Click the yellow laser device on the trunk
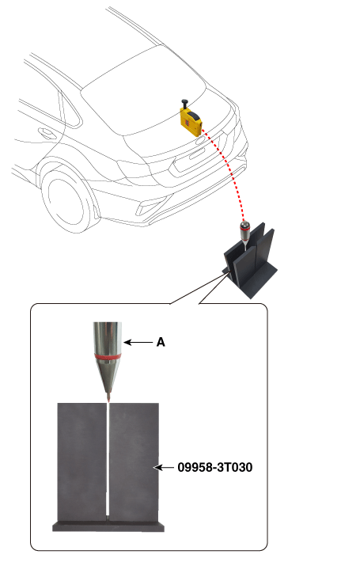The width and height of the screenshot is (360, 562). [191, 122]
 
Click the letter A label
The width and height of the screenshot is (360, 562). [161, 342]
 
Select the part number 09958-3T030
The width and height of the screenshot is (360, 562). [215, 467]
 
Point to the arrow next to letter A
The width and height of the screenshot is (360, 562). [138, 342]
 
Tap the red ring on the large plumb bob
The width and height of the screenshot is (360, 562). [108, 356]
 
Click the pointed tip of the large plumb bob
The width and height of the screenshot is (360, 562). [108, 401]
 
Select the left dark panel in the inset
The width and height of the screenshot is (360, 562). [82, 461]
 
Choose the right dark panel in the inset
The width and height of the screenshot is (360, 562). [134, 461]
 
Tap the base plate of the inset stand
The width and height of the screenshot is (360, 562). [108, 526]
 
